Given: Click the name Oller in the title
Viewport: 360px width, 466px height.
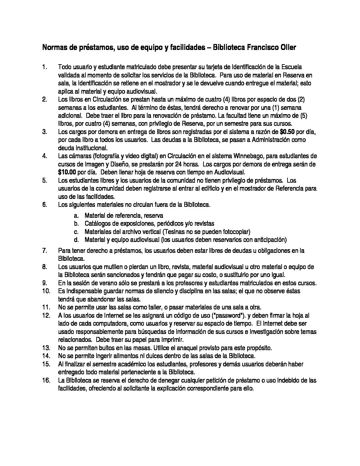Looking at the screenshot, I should [x=288, y=48].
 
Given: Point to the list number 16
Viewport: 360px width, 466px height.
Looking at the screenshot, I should [x=46, y=381].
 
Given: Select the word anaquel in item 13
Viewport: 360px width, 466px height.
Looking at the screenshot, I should [x=188, y=348].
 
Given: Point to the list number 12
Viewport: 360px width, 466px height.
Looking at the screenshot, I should [x=46, y=316].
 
